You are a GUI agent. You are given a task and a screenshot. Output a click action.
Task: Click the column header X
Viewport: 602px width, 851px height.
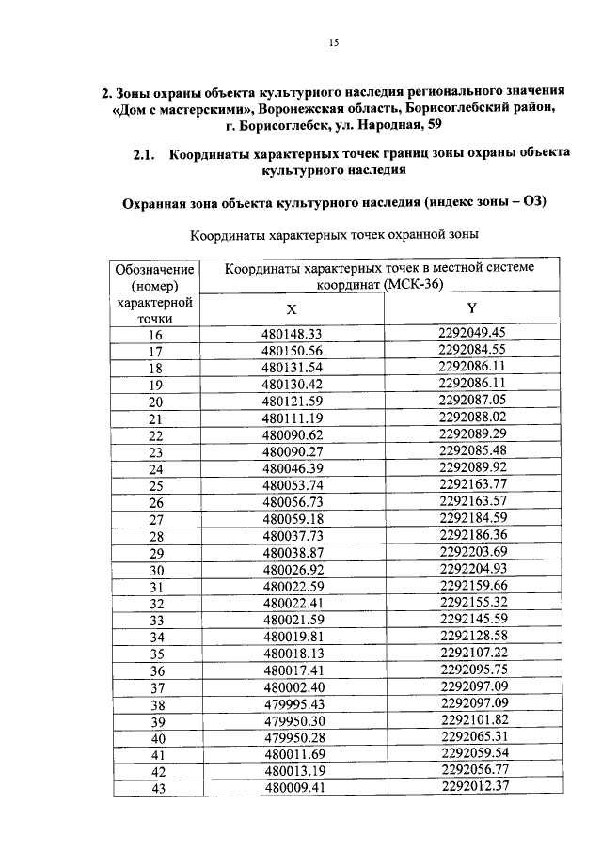coord(291,309)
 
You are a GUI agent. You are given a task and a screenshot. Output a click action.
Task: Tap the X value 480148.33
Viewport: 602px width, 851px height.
coord(292,334)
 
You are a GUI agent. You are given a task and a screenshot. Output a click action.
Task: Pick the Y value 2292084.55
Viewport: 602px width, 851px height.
coord(472,349)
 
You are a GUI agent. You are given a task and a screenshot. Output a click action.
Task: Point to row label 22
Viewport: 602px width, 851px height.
coord(156,435)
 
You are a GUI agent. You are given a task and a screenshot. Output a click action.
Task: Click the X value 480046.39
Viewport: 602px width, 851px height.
coord(292,468)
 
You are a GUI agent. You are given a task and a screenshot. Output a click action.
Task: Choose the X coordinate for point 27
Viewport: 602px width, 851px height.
coord(292,519)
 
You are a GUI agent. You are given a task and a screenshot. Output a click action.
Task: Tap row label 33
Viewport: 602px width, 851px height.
coord(156,621)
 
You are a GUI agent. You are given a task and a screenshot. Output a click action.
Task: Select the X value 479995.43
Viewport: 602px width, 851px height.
coord(292,704)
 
